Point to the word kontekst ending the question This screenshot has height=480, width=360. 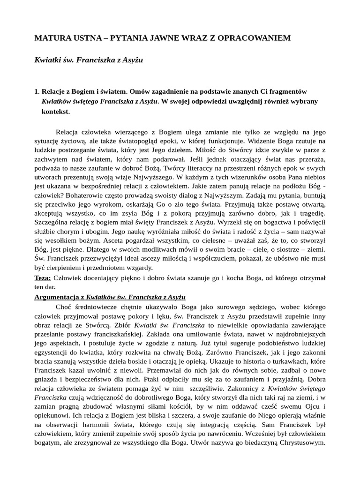point(55,112)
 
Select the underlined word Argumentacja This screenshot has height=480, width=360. point(56,297)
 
